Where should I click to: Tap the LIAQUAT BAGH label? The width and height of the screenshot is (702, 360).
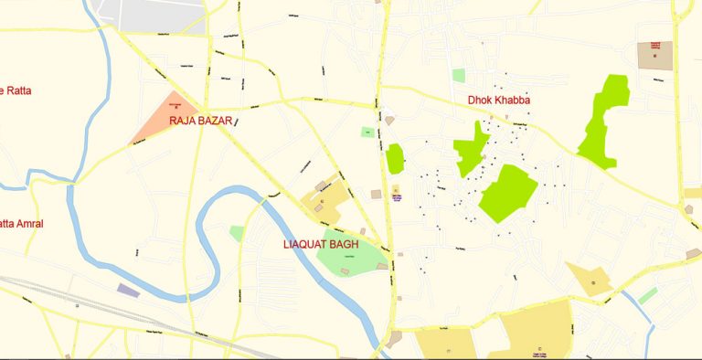(321, 245)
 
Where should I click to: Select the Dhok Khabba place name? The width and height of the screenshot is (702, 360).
(499, 101)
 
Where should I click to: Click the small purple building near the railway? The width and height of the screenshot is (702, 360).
(129, 291)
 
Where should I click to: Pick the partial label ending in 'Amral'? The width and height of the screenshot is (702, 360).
(21, 223)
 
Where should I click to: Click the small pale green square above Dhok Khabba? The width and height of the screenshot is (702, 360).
(458, 76)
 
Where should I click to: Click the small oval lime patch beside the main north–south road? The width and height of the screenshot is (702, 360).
(395, 158)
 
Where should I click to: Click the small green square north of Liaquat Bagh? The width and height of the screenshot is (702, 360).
(367, 132)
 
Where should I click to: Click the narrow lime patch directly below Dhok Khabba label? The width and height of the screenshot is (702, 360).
(470, 148)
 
